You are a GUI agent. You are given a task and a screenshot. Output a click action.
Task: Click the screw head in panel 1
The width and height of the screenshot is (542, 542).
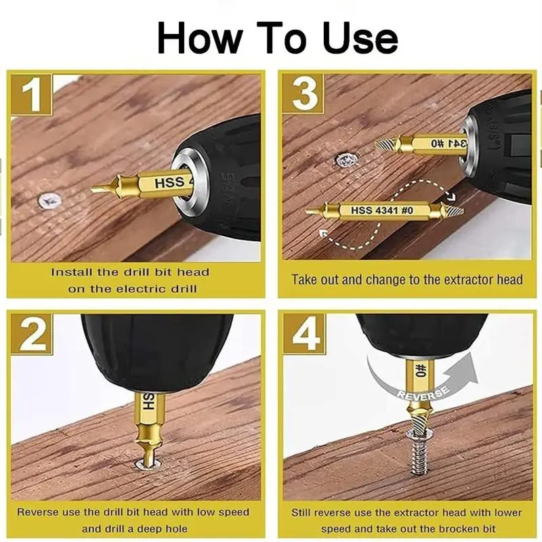[x=49, y=200]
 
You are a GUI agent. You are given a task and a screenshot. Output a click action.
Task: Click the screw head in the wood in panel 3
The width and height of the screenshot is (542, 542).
[x=346, y=161]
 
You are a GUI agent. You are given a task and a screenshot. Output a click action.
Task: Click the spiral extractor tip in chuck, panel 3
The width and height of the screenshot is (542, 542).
[x=383, y=144]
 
